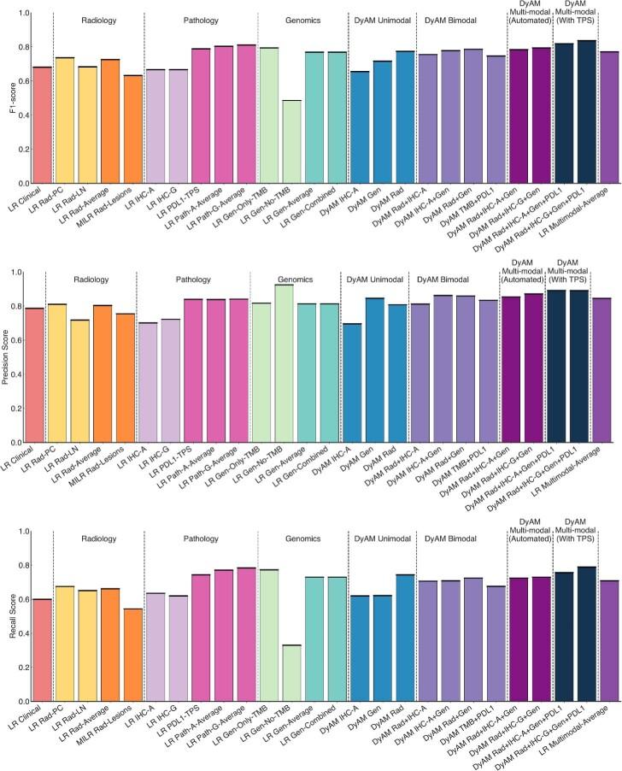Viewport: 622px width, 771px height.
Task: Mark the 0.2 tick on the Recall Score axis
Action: click(23, 668)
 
